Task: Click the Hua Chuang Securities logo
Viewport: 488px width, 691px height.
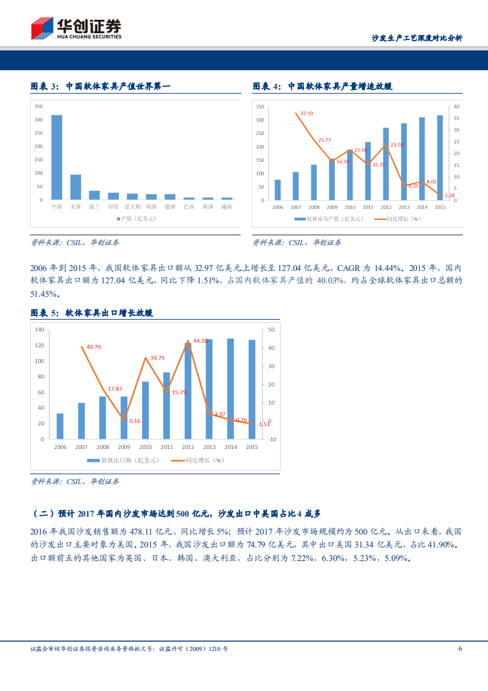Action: click(76, 28)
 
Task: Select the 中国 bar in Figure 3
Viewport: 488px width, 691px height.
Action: click(56, 157)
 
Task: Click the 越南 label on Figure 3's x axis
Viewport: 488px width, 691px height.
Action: click(227, 207)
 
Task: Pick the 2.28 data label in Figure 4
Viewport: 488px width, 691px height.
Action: click(450, 196)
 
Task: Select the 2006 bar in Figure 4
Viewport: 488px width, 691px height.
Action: click(278, 190)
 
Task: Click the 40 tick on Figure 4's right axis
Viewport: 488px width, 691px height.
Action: click(456, 107)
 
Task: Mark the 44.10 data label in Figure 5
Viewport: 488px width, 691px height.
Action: click(201, 341)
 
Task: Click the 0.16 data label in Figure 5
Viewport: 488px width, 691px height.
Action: click(135, 421)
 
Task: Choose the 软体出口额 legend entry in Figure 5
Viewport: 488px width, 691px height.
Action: click(122, 460)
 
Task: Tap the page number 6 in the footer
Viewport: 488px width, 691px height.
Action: click(460, 648)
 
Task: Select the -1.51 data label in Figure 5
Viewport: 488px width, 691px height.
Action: click(263, 424)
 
